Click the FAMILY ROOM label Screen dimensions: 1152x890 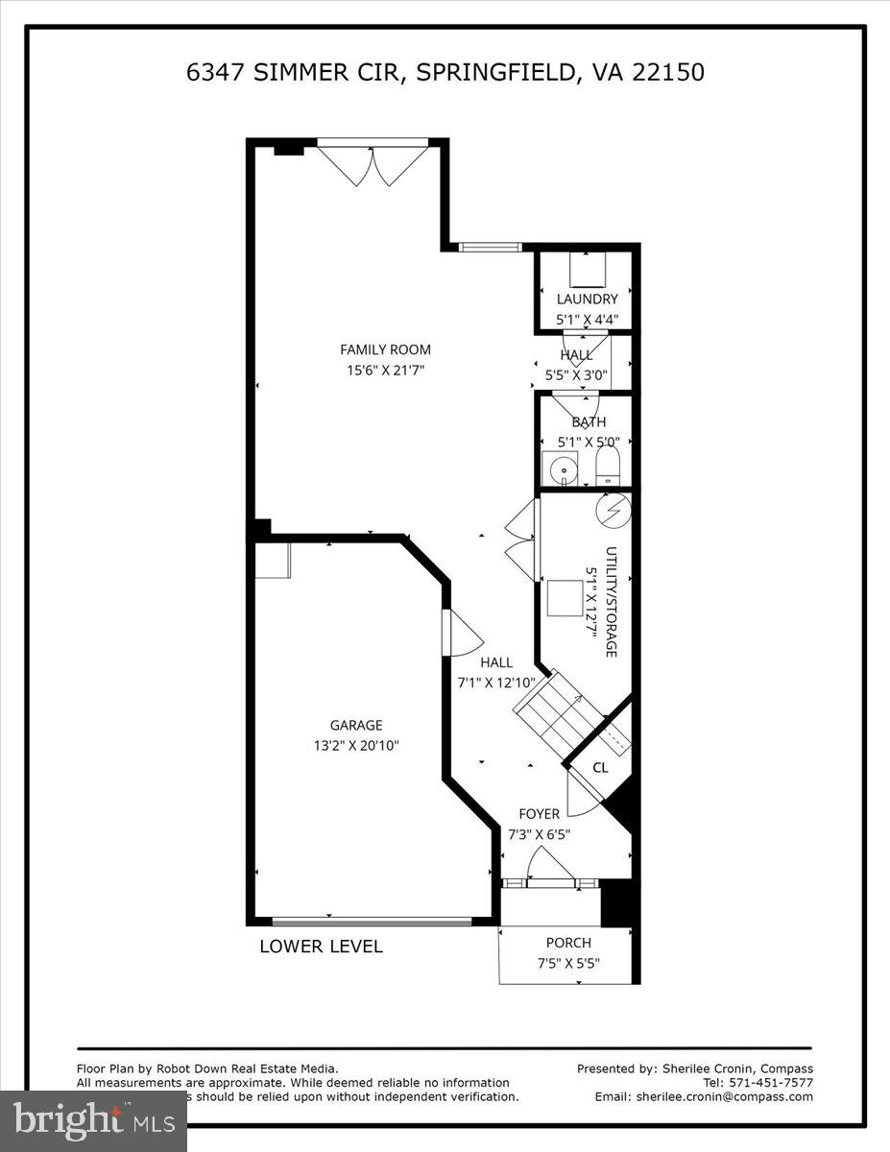[385, 349]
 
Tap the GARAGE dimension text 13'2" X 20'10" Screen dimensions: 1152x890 [357, 744]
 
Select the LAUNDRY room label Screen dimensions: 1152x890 [587, 300]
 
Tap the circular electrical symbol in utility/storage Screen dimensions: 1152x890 [612, 510]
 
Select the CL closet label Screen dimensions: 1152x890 [600, 767]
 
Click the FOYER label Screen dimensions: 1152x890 [539, 814]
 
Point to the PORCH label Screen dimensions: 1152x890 [568, 943]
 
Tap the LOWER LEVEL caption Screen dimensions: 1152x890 [321, 947]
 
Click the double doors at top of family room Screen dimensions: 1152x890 [373, 164]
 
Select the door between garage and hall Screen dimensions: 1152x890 [461, 634]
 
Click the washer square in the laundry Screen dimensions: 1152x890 [587, 270]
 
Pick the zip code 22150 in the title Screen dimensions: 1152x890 [668, 72]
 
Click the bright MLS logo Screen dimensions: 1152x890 [93, 1118]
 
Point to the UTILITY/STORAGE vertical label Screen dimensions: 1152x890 [610, 602]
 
